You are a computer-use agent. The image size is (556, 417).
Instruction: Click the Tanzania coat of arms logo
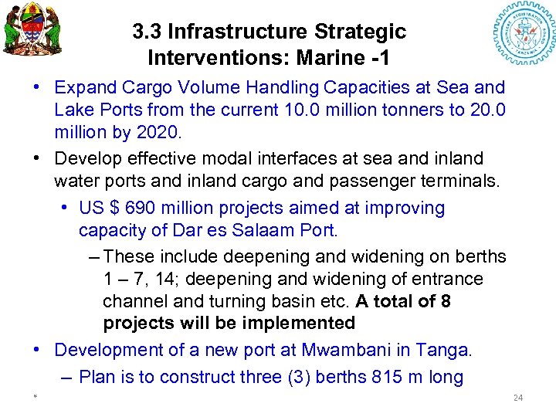32,34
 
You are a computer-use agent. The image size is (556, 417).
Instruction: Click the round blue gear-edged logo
524,36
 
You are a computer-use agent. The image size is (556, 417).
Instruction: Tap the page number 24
518,398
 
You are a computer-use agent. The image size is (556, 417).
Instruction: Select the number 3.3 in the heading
147,32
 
